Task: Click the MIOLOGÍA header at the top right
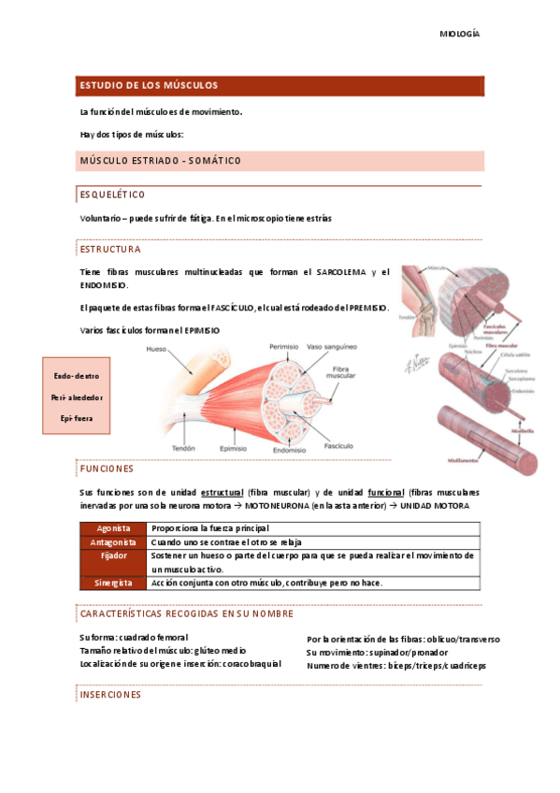459,34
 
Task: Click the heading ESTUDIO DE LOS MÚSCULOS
149,85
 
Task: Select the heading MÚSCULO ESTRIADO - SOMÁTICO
161,161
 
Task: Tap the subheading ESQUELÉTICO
112,195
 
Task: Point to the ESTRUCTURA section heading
110,250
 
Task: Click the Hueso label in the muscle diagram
156,350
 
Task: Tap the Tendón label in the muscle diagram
183,448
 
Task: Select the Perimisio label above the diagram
283,346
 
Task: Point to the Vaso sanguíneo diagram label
335,346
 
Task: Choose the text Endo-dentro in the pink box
76,376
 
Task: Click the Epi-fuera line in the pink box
76,417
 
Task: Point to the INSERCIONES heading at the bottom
110,695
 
